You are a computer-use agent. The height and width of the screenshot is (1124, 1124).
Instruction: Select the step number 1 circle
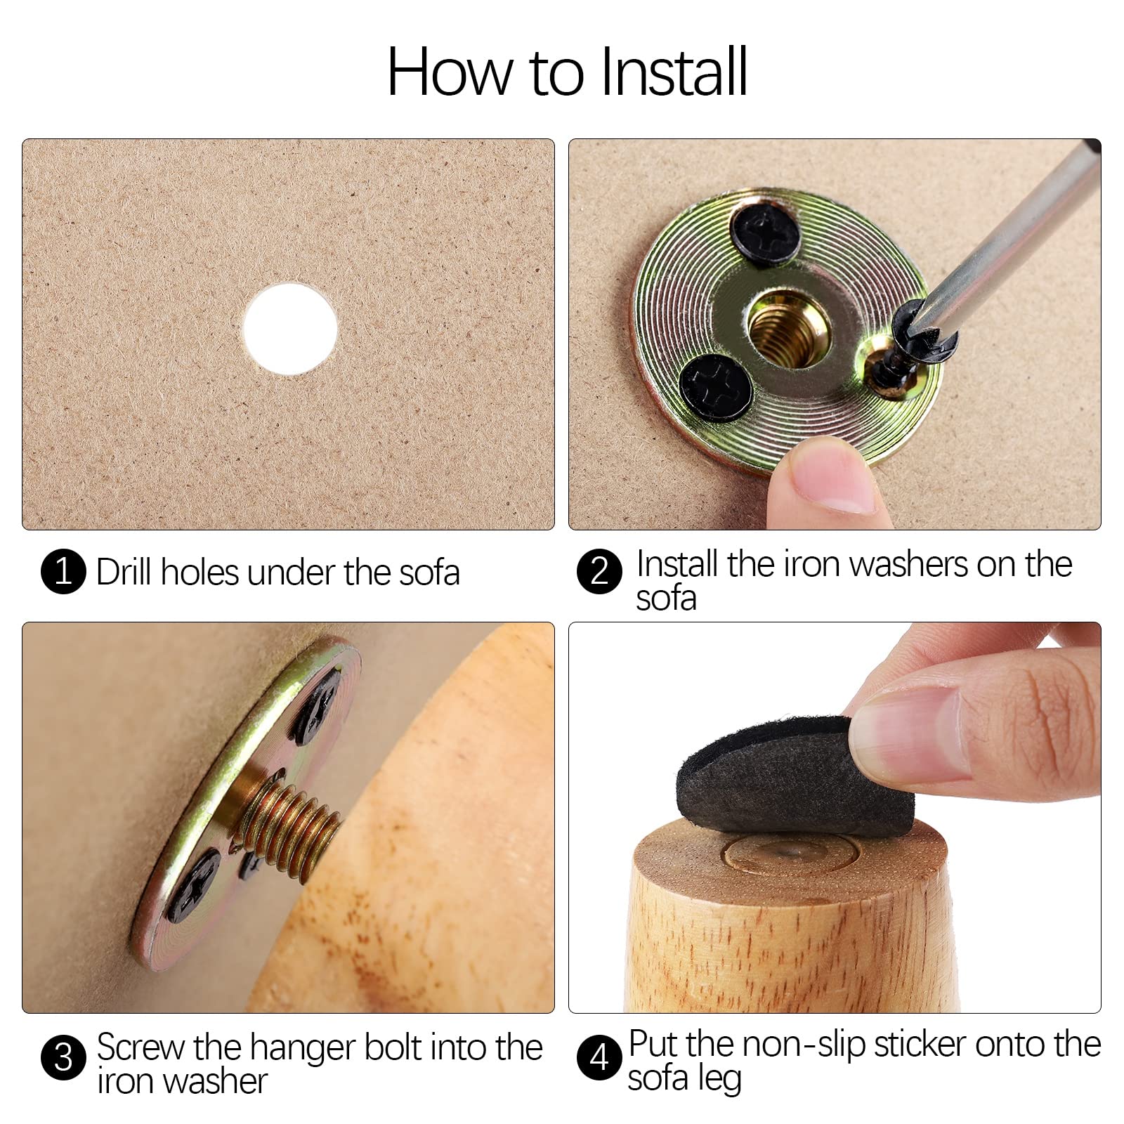click(63, 572)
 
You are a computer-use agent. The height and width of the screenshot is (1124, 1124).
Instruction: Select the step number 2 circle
click(599, 572)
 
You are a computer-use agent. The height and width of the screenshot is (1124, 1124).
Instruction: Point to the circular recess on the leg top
click(790, 853)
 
